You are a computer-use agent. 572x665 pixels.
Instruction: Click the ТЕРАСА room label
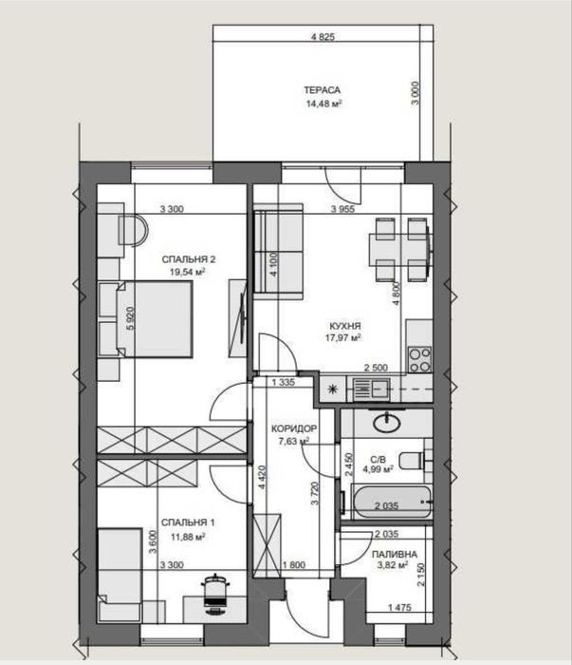(x=322, y=90)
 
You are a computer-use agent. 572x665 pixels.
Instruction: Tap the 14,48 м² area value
(x=323, y=104)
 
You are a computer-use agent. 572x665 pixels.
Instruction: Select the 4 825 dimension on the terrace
(x=323, y=37)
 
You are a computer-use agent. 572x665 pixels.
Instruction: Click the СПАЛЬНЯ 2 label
(x=189, y=259)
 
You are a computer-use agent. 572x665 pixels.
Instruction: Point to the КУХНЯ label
(x=345, y=326)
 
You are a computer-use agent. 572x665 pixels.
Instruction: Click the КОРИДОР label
(x=294, y=428)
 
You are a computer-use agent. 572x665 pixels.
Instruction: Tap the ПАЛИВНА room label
(x=395, y=554)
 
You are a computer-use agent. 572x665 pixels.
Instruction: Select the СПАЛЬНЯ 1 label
(x=188, y=522)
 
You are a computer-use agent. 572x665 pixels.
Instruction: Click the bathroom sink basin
(x=387, y=422)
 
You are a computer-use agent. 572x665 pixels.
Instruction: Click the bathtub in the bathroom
(x=391, y=502)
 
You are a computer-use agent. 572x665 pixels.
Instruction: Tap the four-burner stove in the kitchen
(x=419, y=359)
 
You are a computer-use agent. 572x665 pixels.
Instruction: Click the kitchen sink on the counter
(x=372, y=388)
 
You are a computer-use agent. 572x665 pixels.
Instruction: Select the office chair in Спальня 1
(x=216, y=594)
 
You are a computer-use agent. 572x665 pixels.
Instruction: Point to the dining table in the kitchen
(x=399, y=250)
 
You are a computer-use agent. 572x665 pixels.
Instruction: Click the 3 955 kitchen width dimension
(x=343, y=209)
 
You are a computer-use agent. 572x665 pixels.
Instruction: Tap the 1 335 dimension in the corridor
(x=284, y=382)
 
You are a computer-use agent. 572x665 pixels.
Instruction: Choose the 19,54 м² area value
(x=188, y=272)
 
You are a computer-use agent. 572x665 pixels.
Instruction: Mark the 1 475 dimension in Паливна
(x=399, y=607)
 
